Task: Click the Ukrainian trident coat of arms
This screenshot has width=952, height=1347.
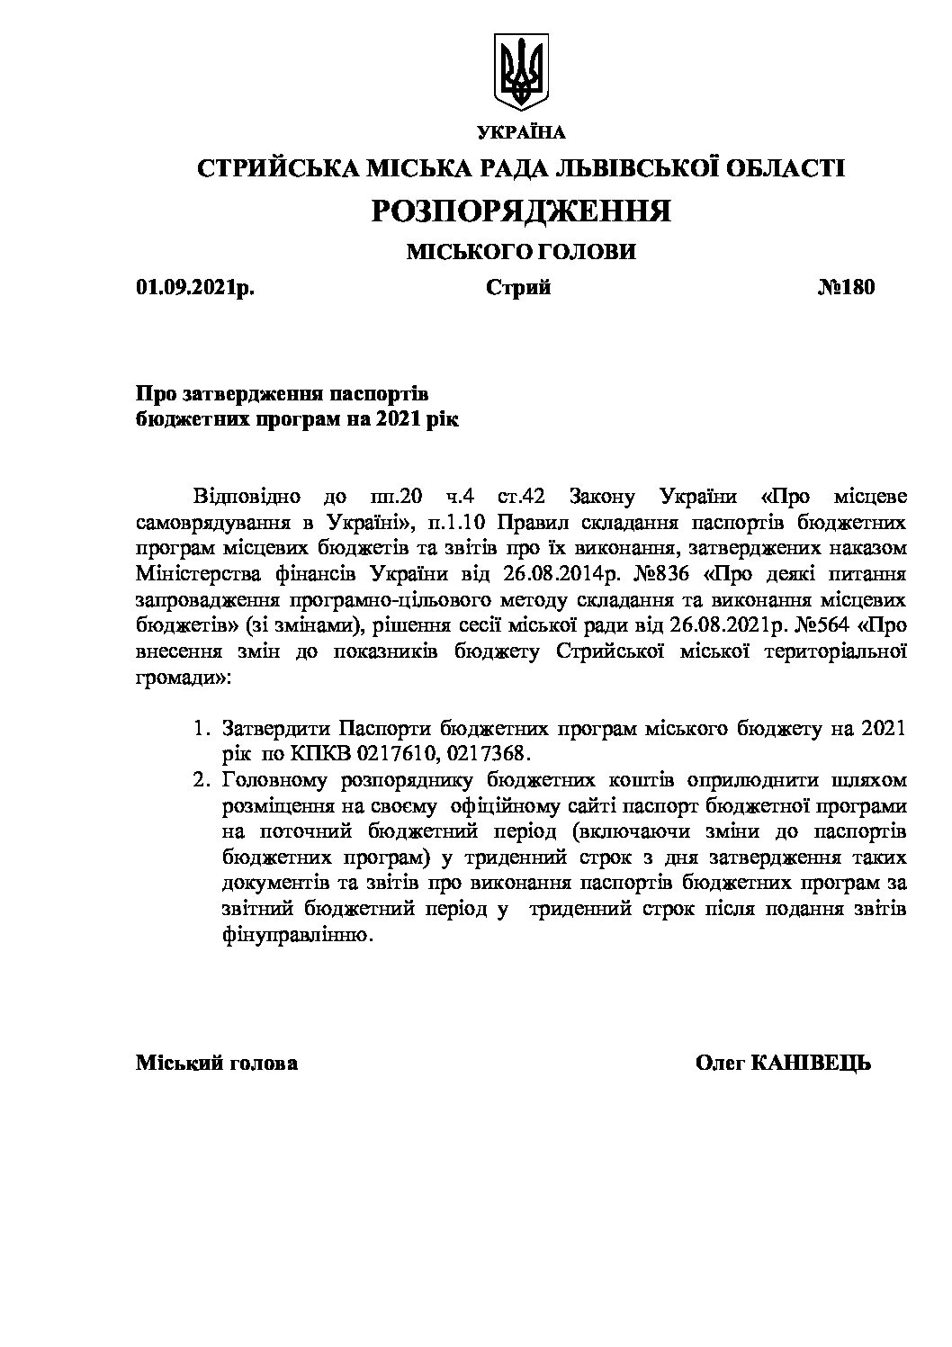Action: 522,70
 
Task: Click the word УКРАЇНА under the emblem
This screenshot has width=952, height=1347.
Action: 521,133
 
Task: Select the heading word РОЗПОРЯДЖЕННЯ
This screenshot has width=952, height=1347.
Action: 521,211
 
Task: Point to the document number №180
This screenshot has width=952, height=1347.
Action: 845,288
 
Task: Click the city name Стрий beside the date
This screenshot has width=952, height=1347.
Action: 518,288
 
